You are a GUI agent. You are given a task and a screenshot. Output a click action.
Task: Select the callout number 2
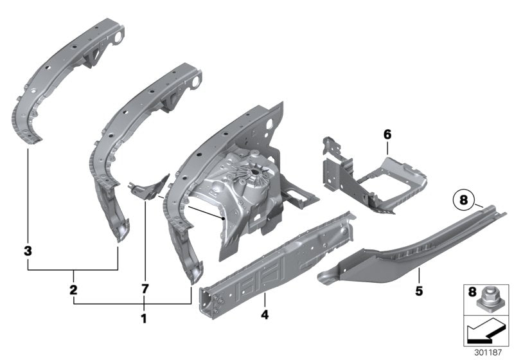click(x=74, y=290)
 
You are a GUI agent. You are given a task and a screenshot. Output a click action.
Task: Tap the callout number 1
click(x=144, y=318)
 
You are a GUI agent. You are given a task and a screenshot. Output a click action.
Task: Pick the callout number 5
click(x=418, y=291)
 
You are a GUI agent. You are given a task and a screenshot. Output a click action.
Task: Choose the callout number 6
click(x=387, y=134)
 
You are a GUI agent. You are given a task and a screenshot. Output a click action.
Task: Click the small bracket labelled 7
click(x=149, y=186)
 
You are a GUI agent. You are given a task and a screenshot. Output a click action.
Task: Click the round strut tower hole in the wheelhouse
click(x=258, y=173)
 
